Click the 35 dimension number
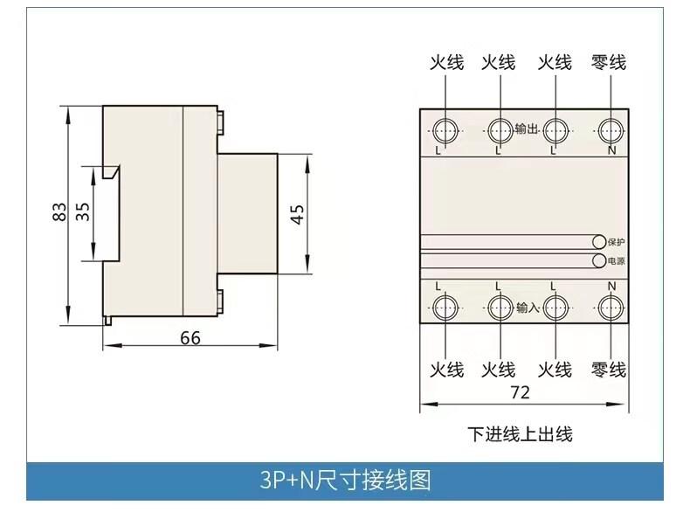(x=84, y=211)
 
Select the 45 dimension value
(x=297, y=213)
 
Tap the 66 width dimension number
(x=190, y=337)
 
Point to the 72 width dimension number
(x=520, y=392)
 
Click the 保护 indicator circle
(x=599, y=241)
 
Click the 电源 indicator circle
(x=599, y=260)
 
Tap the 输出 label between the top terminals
(x=527, y=129)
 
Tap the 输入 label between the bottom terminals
(x=527, y=307)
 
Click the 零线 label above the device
(x=609, y=63)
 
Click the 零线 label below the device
(x=609, y=370)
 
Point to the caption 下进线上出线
(x=520, y=433)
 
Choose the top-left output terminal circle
(x=445, y=130)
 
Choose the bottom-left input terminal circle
(x=445, y=306)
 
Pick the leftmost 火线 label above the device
(x=445, y=63)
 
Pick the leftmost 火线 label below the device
(x=445, y=370)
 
